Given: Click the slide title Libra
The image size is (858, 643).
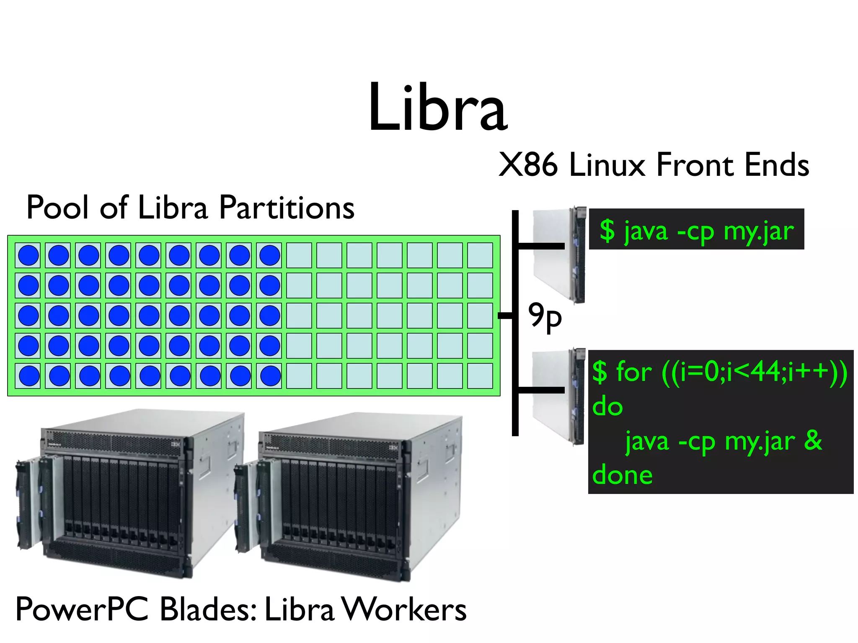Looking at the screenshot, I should (438, 108).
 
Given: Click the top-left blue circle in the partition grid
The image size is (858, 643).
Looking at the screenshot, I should (28, 255).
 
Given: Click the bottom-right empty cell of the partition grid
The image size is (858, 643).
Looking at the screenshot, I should (480, 376).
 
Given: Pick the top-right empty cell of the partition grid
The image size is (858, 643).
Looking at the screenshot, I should (480, 255).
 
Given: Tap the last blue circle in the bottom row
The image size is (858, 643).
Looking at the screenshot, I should (270, 376).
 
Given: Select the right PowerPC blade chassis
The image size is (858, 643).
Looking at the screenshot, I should (348, 496).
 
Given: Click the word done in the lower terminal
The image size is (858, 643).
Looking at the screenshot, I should (622, 476).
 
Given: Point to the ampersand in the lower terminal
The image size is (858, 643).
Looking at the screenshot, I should (813, 440).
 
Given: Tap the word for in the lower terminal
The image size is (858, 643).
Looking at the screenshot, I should (634, 372).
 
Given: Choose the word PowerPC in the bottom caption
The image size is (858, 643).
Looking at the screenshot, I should (82, 610).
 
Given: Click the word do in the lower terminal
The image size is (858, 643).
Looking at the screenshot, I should (607, 407).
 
